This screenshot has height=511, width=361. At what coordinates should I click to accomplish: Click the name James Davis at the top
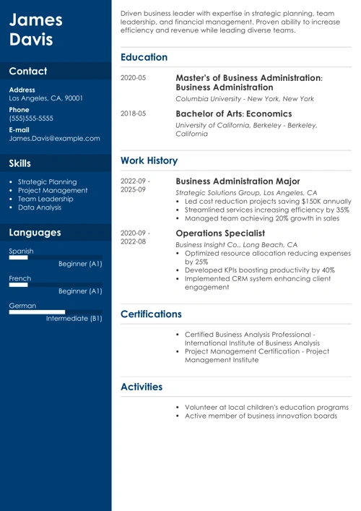[36, 30]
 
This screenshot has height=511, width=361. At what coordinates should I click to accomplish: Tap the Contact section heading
[28, 72]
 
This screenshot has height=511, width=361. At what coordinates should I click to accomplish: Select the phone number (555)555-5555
[31, 118]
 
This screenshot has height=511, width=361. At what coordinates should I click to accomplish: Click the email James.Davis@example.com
[54, 138]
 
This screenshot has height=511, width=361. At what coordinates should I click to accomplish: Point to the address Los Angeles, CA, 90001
[45, 98]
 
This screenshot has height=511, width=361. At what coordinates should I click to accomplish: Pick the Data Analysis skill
[40, 207]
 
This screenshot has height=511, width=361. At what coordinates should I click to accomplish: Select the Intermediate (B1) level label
[74, 318]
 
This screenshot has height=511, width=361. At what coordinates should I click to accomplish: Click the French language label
[20, 278]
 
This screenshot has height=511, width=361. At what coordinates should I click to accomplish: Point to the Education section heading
[144, 57]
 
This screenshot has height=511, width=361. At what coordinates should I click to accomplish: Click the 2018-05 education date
[133, 114]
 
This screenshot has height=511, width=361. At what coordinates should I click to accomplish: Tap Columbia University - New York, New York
[245, 98]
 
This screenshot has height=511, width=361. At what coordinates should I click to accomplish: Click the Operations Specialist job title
[220, 233]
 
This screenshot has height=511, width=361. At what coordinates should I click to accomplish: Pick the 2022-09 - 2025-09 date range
[135, 185]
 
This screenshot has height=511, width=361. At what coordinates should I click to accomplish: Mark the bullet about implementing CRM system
[263, 282]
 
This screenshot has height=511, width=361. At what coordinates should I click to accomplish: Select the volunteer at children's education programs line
[266, 407]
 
